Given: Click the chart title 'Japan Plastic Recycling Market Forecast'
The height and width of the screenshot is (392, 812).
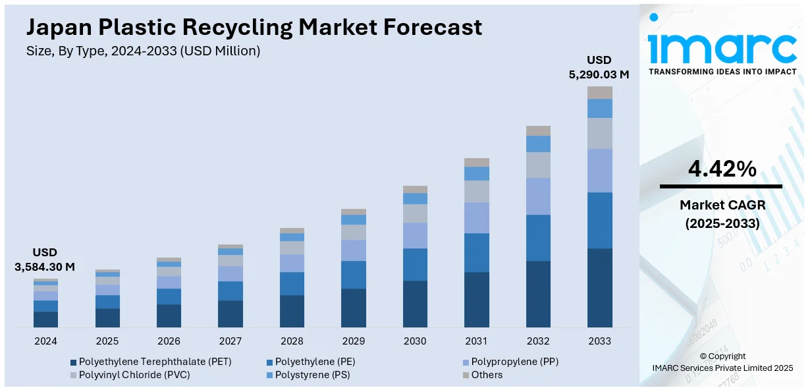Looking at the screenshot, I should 254,27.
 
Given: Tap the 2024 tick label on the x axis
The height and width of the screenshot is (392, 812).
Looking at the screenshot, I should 45,341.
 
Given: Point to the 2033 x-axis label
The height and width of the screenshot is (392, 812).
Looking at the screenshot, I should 599,341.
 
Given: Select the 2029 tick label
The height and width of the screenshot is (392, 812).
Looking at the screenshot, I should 353,341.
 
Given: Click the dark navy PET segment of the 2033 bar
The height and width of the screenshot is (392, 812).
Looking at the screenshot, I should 599,287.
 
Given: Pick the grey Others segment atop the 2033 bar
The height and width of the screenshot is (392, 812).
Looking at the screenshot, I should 599,92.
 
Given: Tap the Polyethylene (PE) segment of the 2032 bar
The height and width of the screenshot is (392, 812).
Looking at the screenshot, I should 538,237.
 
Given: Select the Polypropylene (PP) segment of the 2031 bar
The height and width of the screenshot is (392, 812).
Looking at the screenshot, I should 476,217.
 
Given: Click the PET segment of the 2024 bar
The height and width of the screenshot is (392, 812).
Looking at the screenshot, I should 45,319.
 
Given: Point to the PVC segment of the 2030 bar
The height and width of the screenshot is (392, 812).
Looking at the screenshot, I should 415,213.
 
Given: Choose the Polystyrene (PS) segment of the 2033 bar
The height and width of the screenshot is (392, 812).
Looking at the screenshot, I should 599,108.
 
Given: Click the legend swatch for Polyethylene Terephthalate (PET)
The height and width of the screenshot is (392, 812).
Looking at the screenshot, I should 73,362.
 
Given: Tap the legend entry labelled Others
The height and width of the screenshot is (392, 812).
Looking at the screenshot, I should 486,375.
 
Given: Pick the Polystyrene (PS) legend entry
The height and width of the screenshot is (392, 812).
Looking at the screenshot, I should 312,375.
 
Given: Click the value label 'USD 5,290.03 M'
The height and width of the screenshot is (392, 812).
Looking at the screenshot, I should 599,67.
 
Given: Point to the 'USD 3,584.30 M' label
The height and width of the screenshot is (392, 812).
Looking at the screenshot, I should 45,260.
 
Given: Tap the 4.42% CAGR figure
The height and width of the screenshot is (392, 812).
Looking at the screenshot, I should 722,169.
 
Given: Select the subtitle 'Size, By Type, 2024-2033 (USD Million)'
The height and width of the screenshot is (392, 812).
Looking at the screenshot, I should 144,51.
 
